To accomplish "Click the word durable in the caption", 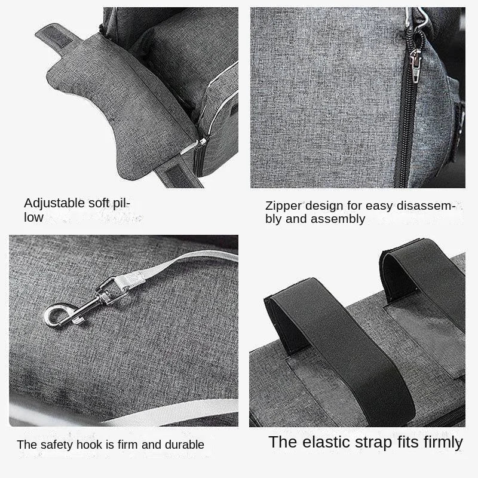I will (x=183, y=445).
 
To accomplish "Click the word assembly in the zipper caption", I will (x=341, y=219).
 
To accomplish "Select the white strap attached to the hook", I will (x=179, y=263).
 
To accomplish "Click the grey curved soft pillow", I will (x=119, y=108).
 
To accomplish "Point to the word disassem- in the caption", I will (x=424, y=206).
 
